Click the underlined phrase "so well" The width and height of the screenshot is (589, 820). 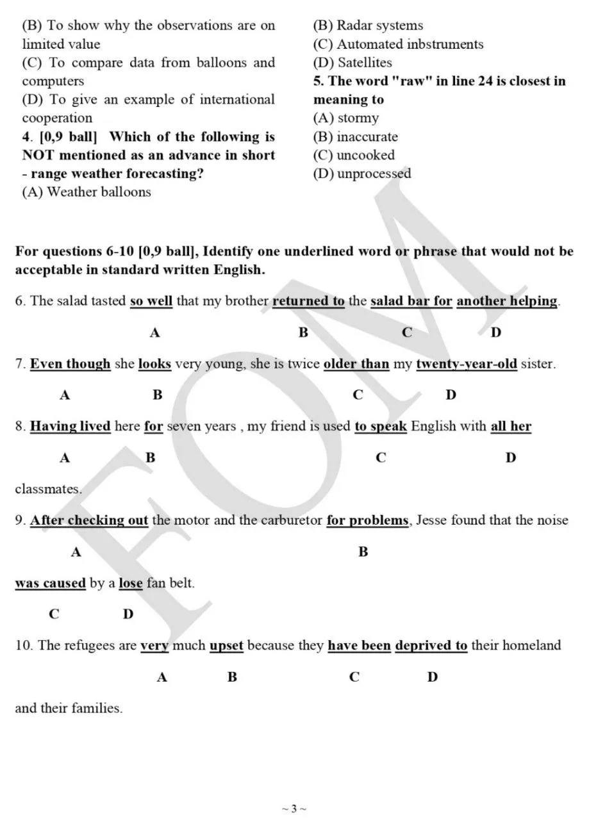151,301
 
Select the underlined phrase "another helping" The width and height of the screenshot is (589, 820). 506,301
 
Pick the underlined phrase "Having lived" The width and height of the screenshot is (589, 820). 71,426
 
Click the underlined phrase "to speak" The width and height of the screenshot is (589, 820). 381,426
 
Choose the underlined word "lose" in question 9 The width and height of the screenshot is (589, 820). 131,583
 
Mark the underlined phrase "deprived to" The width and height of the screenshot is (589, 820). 431,645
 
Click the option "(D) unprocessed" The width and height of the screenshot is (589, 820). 361,174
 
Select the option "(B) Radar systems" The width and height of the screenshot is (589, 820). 368,26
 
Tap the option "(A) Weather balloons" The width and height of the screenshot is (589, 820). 87,192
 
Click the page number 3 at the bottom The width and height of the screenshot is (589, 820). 294,808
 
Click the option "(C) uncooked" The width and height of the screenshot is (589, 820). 354,155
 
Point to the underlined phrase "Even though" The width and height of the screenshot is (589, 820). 71,364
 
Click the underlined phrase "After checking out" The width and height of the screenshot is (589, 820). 89,520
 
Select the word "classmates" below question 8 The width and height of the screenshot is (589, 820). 48,489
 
